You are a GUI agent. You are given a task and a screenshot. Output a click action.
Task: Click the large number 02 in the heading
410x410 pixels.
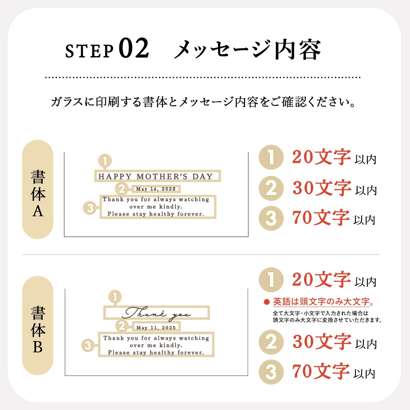(x=134, y=48)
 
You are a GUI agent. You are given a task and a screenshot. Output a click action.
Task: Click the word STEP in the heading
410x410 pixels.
(x=89, y=51)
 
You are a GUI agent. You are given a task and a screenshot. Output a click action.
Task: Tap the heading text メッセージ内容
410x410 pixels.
(x=247, y=50)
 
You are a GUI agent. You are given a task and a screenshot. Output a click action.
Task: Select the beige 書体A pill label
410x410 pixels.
(x=38, y=189)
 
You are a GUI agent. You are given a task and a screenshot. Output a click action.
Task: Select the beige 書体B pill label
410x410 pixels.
(x=38, y=326)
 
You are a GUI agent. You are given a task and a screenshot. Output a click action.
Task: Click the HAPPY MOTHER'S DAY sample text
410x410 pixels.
(x=155, y=176)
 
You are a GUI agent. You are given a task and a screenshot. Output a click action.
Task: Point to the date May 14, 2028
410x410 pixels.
(x=156, y=189)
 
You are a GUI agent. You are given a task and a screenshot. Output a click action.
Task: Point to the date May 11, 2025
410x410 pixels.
(x=156, y=327)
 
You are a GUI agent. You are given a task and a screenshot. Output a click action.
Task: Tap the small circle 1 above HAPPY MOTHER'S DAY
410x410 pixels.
(x=105, y=161)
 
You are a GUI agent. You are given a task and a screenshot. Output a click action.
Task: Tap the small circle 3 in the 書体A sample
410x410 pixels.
(x=90, y=208)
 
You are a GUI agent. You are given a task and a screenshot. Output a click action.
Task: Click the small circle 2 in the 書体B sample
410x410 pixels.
(x=122, y=326)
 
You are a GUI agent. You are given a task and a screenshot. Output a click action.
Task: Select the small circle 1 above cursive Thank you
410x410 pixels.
(x=115, y=297)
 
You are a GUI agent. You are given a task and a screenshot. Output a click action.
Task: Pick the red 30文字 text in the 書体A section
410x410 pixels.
(x=322, y=188)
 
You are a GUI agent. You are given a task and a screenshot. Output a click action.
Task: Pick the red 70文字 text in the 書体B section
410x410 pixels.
(x=321, y=371)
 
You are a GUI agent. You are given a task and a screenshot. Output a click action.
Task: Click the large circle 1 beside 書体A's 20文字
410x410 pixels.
(x=271, y=157)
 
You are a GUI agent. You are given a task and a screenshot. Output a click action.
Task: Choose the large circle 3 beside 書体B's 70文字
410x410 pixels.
(x=271, y=372)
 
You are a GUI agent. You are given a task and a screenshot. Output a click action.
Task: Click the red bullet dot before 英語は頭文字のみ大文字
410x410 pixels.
(x=266, y=302)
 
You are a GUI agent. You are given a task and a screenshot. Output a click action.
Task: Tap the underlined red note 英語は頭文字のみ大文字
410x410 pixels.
(x=323, y=302)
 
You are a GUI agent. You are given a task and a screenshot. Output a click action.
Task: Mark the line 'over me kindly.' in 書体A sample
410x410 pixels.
(x=156, y=207)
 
